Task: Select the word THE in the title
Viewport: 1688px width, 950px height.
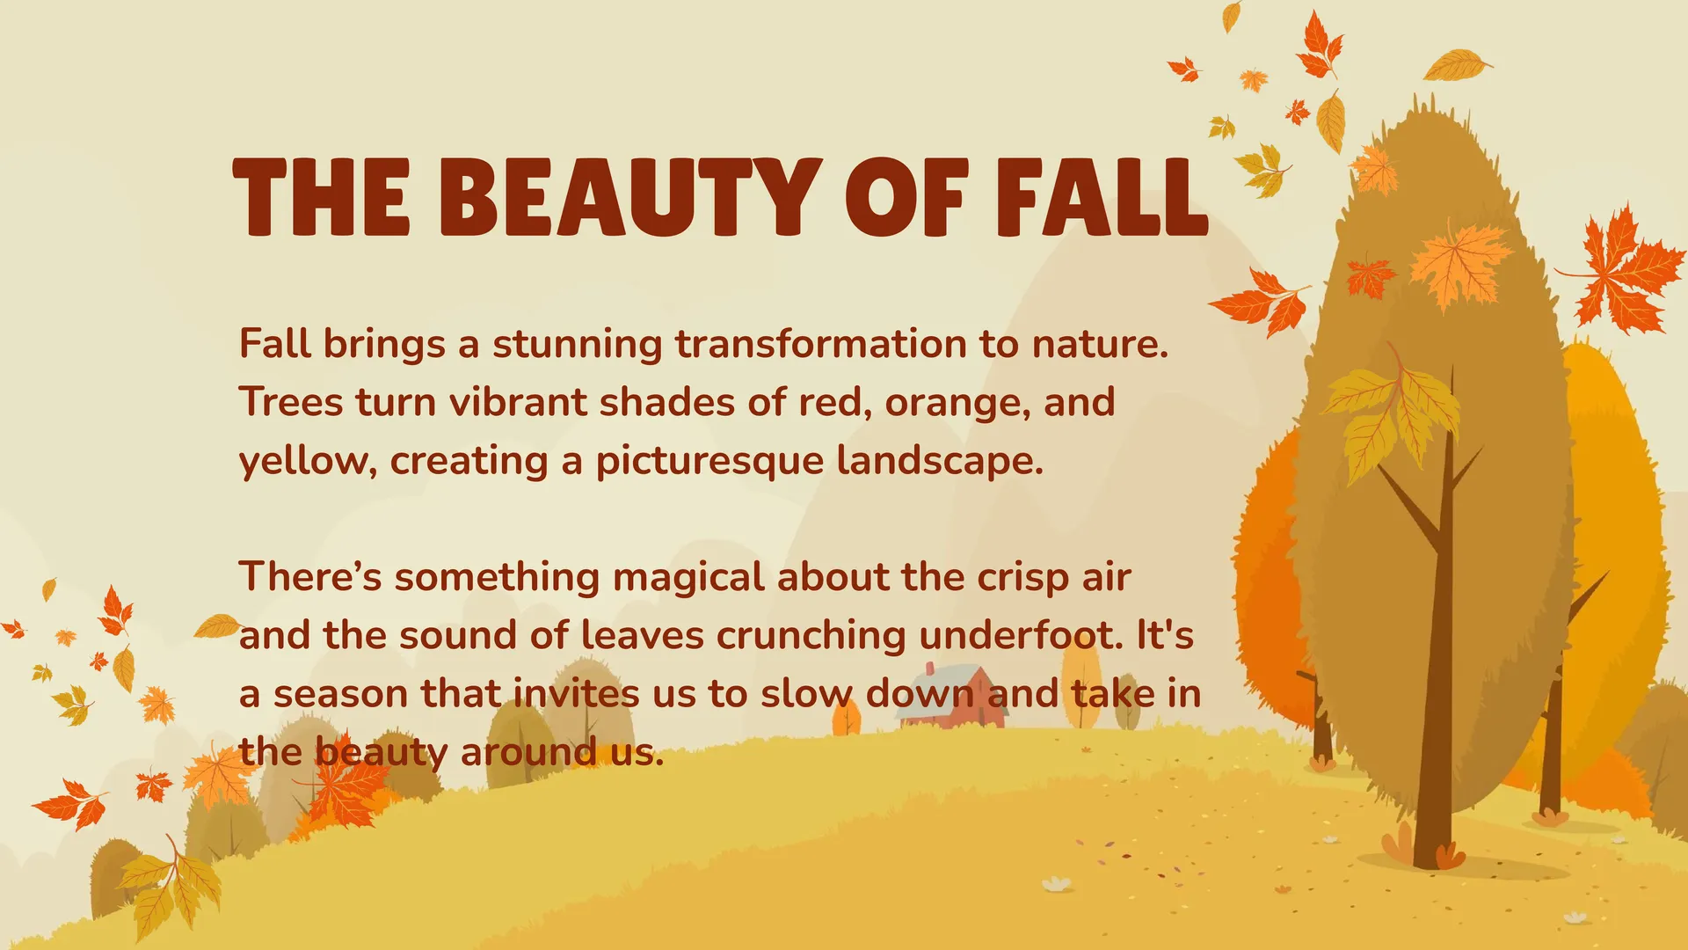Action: pyautogui.click(x=322, y=197)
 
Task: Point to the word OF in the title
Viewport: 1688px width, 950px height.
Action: pyautogui.click(x=907, y=197)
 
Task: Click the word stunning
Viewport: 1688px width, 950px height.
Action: pyautogui.click(x=577, y=345)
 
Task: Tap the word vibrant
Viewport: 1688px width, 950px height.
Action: pyautogui.click(x=518, y=402)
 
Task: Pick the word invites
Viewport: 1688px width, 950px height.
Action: pyautogui.click(x=576, y=693)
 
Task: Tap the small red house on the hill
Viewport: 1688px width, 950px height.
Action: pyautogui.click(x=953, y=697)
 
